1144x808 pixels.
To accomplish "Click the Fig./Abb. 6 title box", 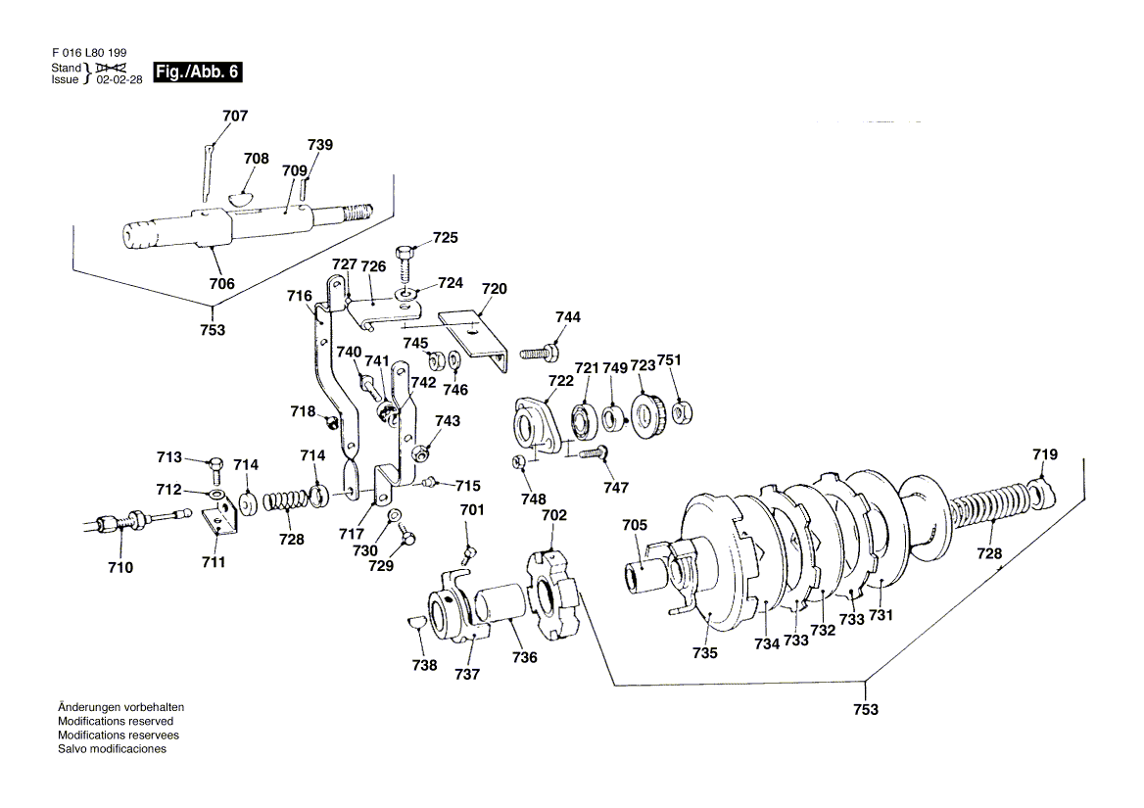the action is [x=197, y=72].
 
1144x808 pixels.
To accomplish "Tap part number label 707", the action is [x=235, y=116].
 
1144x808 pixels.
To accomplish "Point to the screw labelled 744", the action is [x=539, y=353].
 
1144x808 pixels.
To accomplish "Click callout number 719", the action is [x=1045, y=454].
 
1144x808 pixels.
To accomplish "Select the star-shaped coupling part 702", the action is [x=553, y=586].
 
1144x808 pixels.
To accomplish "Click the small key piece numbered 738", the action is [x=416, y=621].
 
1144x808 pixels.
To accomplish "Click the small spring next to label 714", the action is [x=284, y=501].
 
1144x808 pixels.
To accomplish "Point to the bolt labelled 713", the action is [x=215, y=470].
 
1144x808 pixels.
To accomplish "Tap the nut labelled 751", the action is [x=682, y=413].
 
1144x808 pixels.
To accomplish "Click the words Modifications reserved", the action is [x=116, y=721].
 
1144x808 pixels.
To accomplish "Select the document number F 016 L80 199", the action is [x=89, y=53].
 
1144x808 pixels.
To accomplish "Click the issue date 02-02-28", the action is [x=119, y=79].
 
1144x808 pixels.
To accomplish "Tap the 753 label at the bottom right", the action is [x=865, y=709].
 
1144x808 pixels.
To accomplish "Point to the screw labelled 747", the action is [x=594, y=453].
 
